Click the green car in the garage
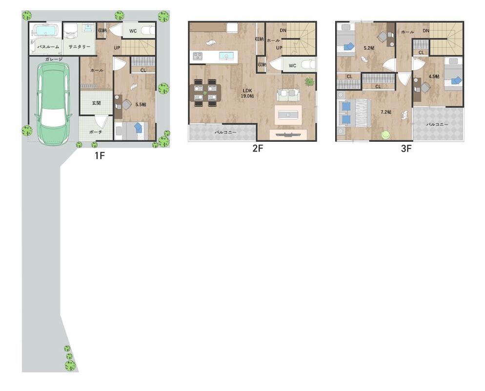54,102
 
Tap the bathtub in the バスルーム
45,31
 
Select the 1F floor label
100,155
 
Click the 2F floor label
258,149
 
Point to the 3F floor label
406,149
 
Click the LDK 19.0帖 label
247,93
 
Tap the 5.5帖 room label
141,105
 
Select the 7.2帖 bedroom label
386,112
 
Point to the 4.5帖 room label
434,77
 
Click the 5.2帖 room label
369,48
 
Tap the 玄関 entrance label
97,103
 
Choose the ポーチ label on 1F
96,132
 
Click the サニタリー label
80,46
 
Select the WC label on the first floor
133,31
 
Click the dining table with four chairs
205,93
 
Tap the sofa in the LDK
288,95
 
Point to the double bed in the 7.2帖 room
355,113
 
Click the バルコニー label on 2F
225,132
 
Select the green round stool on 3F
386,135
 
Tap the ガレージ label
54,59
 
